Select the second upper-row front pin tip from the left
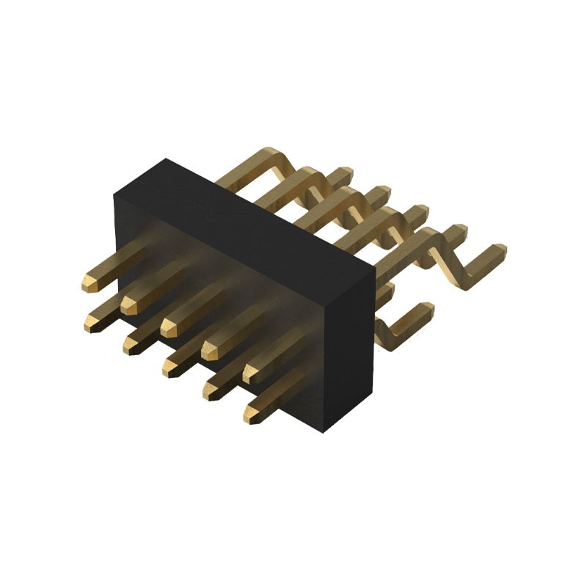(129, 303)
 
